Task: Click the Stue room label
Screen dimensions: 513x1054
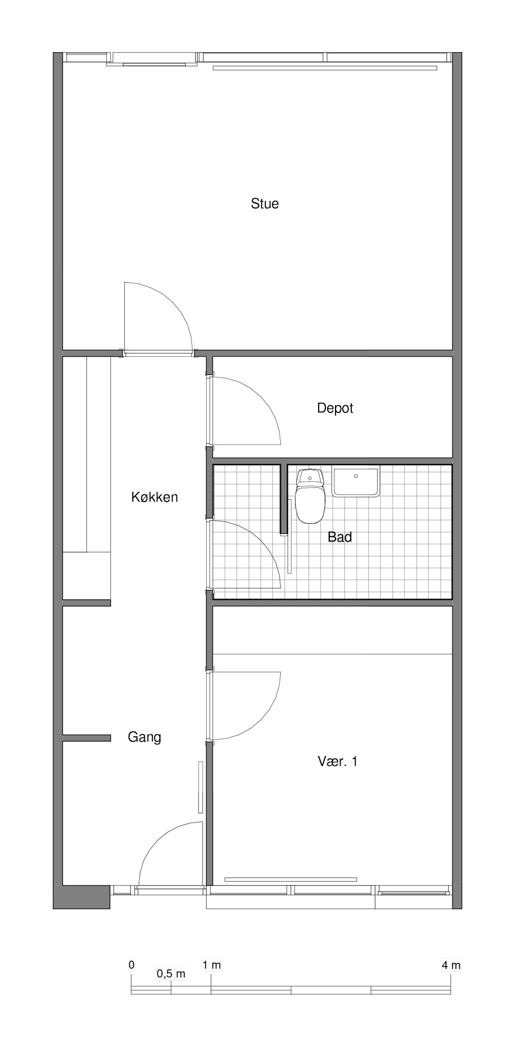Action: (x=265, y=203)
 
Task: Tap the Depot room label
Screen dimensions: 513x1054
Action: (x=335, y=408)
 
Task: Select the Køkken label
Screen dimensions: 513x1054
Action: (x=154, y=497)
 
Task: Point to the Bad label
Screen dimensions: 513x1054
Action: (x=340, y=537)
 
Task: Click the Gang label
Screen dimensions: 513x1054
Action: (x=144, y=737)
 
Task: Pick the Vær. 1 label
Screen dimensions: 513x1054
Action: (x=338, y=761)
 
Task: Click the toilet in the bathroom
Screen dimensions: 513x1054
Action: (x=310, y=497)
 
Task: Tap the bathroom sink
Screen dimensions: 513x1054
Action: (x=356, y=481)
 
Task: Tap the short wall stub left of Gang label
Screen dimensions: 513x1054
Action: (x=86, y=738)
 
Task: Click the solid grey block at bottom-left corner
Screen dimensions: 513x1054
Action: (x=82, y=897)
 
